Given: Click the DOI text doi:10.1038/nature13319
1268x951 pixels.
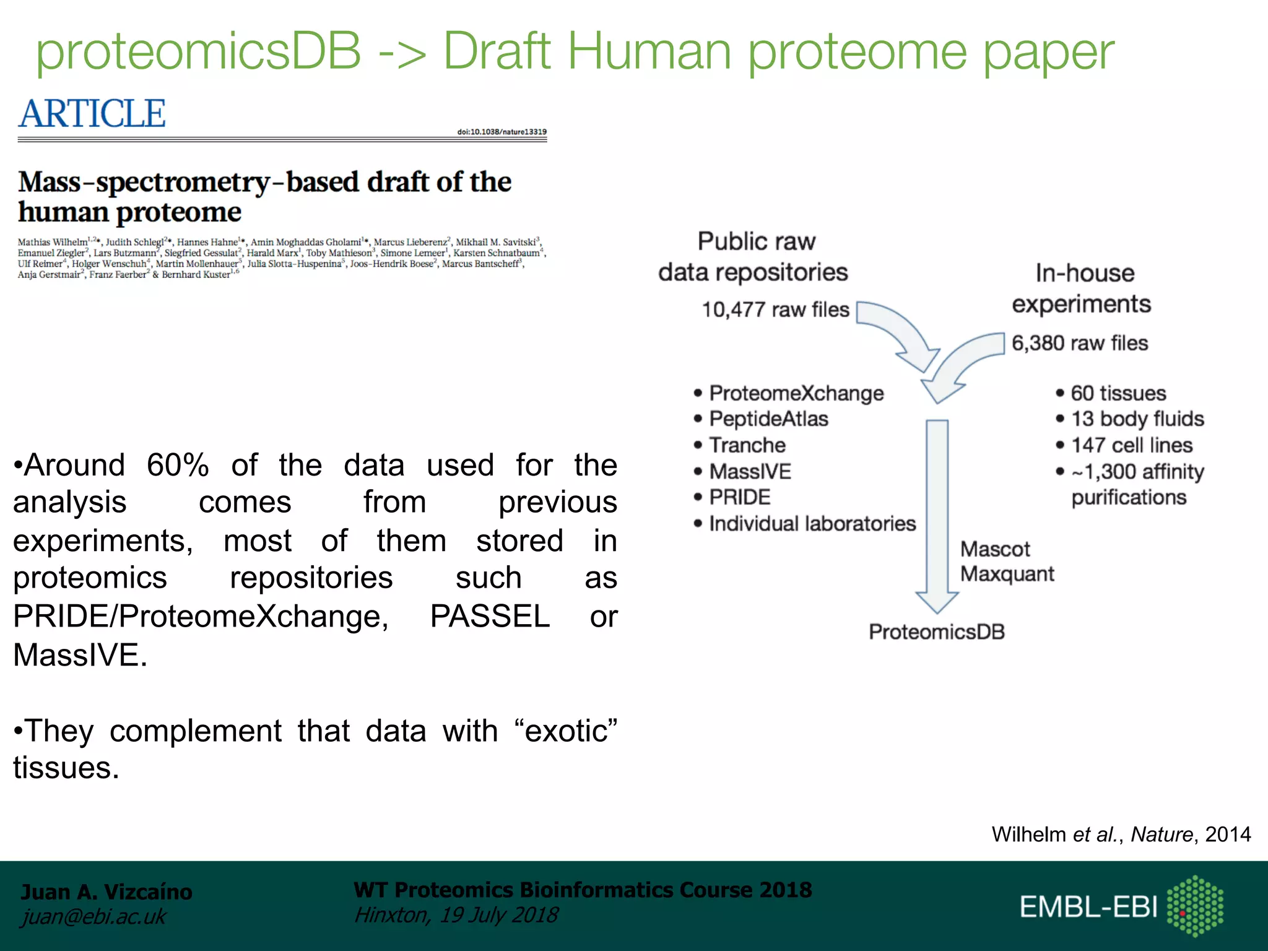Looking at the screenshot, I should [x=502, y=132].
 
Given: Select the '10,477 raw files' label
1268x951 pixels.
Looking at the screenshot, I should [x=775, y=309].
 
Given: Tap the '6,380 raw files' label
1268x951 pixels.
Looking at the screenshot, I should [x=1080, y=343].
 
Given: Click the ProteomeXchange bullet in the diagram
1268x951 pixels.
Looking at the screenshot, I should [x=796, y=393].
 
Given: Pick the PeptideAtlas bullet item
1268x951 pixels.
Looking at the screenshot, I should [x=768, y=419].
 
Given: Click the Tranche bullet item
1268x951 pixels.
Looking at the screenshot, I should [x=747, y=445].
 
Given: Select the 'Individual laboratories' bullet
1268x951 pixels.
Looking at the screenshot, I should [x=812, y=524].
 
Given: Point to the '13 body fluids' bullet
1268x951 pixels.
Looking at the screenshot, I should [x=1137, y=419].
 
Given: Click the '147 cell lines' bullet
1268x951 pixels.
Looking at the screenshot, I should [x=1131, y=445].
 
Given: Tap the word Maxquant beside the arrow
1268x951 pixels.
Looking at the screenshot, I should [x=1007, y=574].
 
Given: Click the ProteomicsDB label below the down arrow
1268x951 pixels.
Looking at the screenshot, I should [x=936, y=632].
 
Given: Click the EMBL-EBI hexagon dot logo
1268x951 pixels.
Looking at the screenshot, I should [x=1194, y=906].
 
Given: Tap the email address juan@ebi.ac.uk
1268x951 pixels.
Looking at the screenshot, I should [x=93, y=916].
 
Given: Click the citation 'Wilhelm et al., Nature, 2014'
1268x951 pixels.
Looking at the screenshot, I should [x=1121, y=835].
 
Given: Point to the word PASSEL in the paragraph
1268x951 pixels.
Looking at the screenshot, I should [x=490, y=616].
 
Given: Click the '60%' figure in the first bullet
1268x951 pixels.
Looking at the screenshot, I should [x=178, y=465].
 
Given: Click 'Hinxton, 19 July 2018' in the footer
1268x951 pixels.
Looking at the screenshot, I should [x=456, y=915].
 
